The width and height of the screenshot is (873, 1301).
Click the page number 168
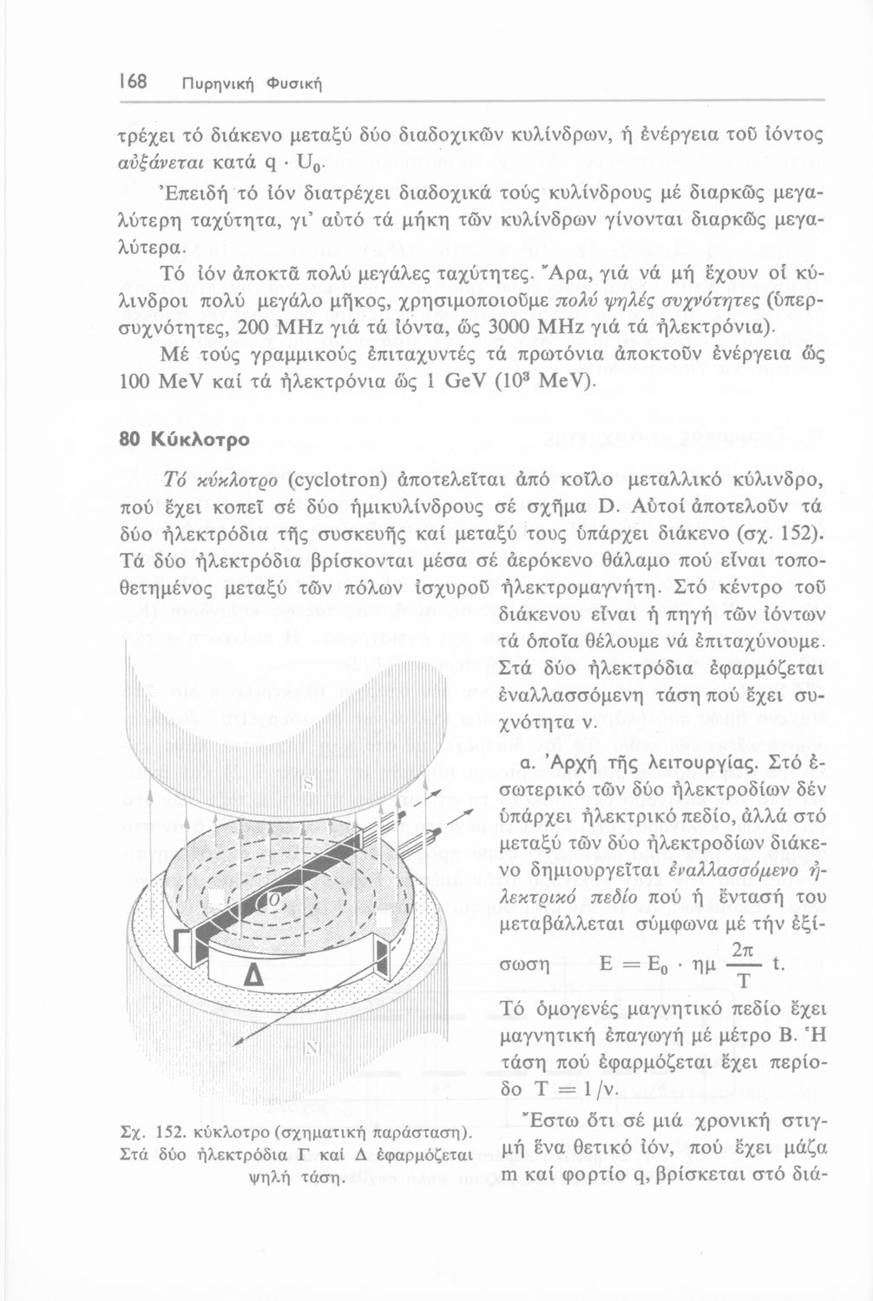pos(133,83)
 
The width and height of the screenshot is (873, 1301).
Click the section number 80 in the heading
pos(128,439)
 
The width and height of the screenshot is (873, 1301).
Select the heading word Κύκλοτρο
pos(200,439)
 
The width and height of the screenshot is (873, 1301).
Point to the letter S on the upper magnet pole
pos(306,784)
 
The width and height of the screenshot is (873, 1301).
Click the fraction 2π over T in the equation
pos(743,964)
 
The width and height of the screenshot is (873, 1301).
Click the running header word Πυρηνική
pos(212,84)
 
